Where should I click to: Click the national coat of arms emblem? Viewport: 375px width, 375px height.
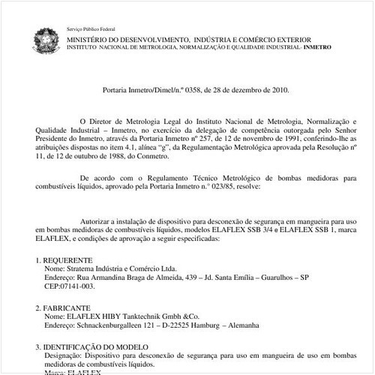coord(44,38)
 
